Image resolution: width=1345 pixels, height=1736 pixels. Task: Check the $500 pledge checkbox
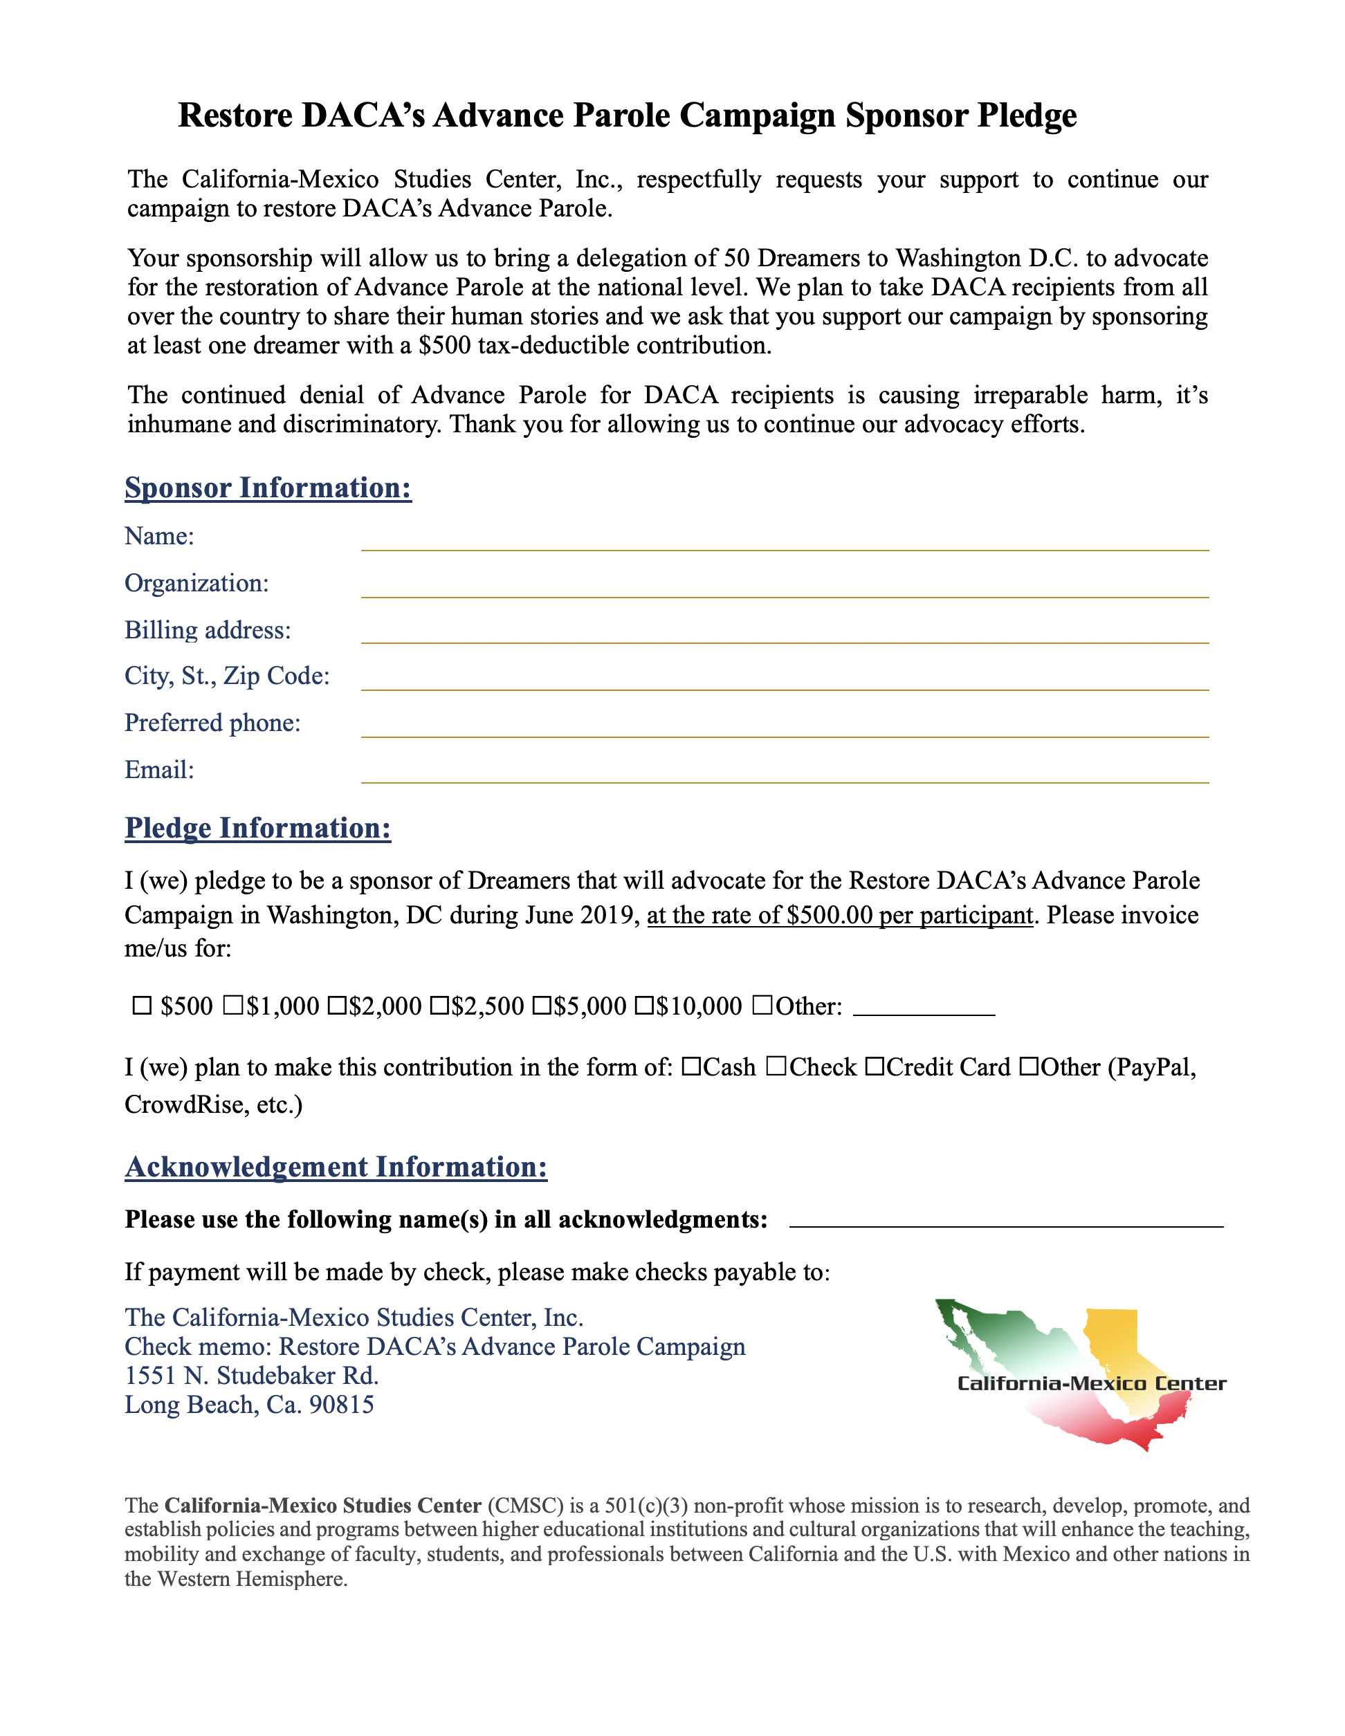(142, 1006)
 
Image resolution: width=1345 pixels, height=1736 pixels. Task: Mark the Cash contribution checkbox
(690, 1066)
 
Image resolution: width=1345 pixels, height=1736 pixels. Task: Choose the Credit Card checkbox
(875, 1066)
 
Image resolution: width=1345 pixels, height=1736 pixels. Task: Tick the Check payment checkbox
(776, 1066)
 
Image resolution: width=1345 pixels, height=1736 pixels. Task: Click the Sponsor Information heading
(268, 488)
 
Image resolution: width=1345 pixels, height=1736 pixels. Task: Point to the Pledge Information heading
(257, 829)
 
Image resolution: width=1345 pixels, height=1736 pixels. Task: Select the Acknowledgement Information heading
(336, 1167)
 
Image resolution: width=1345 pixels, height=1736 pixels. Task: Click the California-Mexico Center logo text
(1090, 1384)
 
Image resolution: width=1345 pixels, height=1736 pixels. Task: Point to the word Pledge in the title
(1027, 116)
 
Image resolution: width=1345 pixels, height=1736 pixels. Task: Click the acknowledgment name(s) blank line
(1005, 1221)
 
